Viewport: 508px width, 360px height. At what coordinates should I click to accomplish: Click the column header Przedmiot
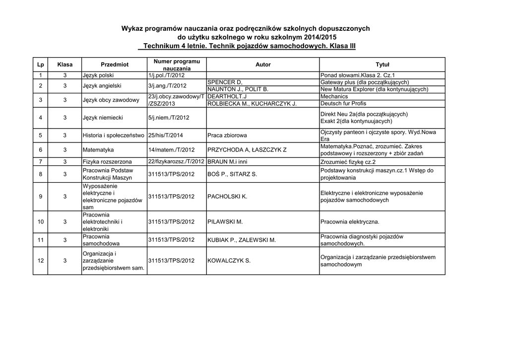tap(115, 65)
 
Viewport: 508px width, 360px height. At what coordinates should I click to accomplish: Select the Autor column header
tap(263, 65)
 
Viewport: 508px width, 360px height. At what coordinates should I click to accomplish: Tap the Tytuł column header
tap(382, 65)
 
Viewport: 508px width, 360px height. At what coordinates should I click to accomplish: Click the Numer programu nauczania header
tap(177, 65)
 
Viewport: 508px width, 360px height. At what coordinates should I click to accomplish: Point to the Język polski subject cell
tap(98, 75)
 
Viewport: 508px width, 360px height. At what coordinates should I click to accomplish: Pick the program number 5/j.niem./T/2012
tap(169, 118)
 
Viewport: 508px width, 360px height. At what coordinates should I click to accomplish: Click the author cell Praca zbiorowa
tap(227, 136)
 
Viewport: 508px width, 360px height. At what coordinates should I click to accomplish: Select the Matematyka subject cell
tap(98, 149)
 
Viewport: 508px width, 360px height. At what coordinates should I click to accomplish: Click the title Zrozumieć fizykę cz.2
tap(348, 161)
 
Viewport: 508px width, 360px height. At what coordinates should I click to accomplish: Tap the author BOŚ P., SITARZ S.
tap(232, 174)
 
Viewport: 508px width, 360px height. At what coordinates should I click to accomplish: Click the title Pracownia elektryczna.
tap(350, 222)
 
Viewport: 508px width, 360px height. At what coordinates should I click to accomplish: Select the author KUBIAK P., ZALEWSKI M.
tap(242, 240)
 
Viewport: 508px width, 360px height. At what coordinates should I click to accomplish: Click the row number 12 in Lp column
tap(41, 261)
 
